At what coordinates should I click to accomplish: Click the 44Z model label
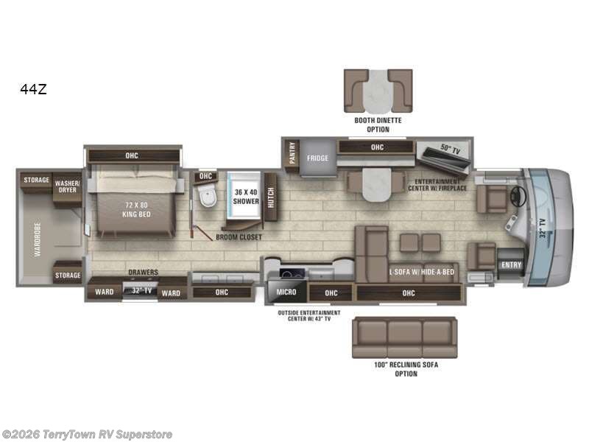34,89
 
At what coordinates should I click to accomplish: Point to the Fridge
317,157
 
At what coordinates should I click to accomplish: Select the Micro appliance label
286,292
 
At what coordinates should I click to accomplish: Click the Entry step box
510,265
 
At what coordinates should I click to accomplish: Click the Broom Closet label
239,237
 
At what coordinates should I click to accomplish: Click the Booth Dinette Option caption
378,124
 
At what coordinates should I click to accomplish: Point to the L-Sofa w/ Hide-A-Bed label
422,271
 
